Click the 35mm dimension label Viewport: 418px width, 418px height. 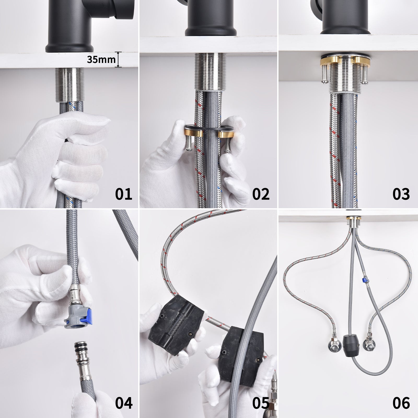101,60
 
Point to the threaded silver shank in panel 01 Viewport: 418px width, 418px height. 68,85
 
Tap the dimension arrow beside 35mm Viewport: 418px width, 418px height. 119,60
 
